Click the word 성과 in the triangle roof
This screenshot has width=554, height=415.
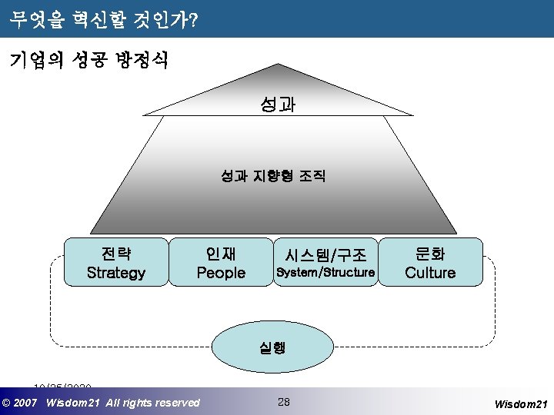pyautogui.click(x=278, y=104)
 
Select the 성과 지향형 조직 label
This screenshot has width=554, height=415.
pyautogui.click(x=273, y=177)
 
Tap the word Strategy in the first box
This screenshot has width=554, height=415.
pyautogui.click(x=116, y=273)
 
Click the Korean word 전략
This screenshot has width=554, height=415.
pyautogui.click(x=116, y=253)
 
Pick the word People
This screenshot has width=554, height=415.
pyautogui.click(x=221, y=273)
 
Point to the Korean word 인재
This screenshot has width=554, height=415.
pyautogui.click(x=221, y=253)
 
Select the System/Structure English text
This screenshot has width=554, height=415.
pyautogui.click(x=325, y=273)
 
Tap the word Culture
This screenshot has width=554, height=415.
pyautogui.click(x=430, y=273)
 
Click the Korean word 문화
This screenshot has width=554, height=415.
pyautogui.click(x=430, y=253)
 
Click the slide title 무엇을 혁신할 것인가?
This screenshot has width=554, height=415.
pyautogui.click(x=105, y=21)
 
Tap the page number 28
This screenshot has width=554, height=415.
pyautogui.click(x=283, y=401)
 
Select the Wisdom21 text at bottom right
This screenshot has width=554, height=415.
pyautogui.click(x=520, y=403)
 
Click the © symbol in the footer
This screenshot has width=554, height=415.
pyautogui.click(x=7, y=403)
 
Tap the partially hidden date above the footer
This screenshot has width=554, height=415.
pyautogui.click(x=62, y=386)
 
